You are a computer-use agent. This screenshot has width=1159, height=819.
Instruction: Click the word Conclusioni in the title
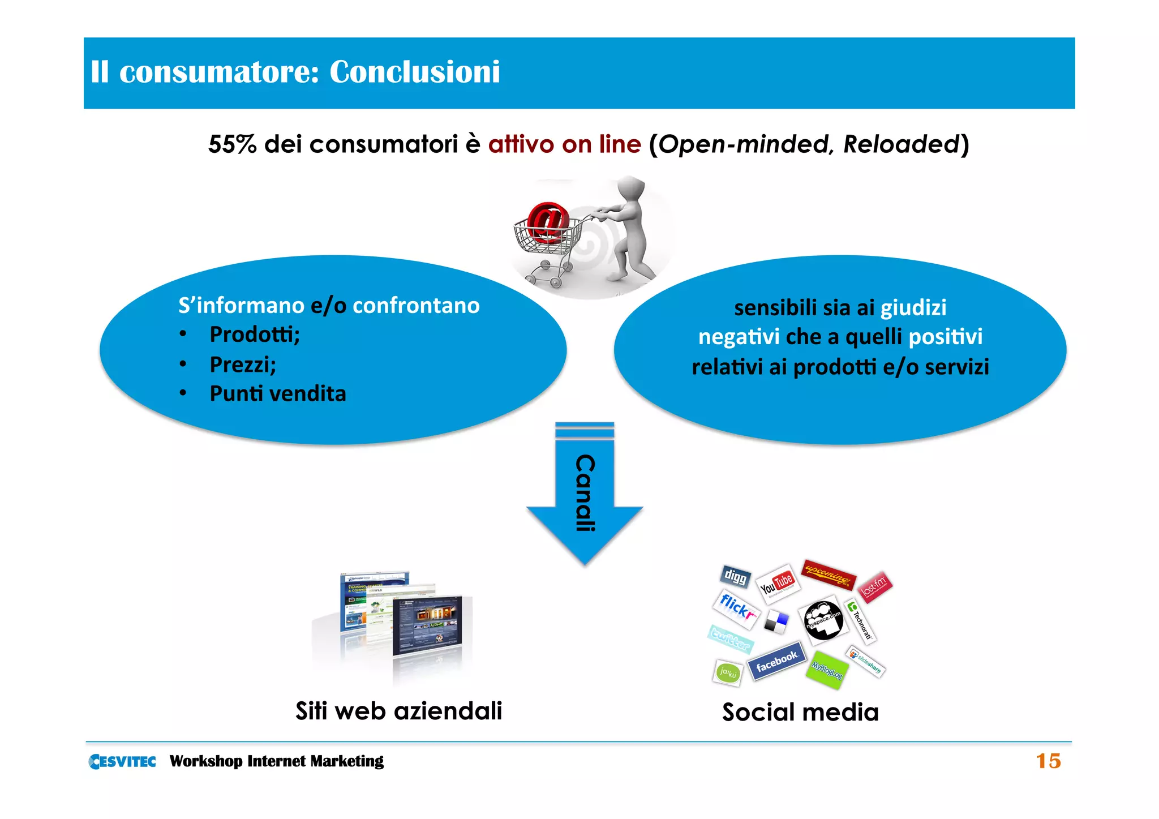[414, 72]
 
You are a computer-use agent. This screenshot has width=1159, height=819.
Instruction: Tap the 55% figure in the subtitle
[232, 144]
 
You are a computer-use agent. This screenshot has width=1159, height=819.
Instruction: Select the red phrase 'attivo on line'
[564, 144]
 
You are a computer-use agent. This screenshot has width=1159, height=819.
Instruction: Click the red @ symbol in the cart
[547, 221]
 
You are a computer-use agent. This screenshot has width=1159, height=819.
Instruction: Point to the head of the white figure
[632, 189]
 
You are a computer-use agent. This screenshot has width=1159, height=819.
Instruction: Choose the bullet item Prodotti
[254, 335]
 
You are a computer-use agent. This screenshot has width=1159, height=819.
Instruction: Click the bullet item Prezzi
[243, 365]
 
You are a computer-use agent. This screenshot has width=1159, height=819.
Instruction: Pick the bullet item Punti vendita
[277, 394]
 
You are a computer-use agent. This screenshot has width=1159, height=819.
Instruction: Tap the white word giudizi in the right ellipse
[913, 308]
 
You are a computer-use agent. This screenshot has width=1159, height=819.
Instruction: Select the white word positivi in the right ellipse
[945, 337]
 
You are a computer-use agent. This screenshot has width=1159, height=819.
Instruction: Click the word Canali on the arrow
[585, 492]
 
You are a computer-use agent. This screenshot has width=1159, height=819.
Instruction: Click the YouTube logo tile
[777, 584]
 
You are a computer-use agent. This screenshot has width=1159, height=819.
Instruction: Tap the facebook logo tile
[776, 661]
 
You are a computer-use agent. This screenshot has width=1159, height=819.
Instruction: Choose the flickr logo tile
[736, 609]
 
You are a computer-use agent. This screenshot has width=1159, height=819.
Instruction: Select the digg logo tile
[735, 577]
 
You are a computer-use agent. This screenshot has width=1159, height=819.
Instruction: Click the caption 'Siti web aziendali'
[398, 711]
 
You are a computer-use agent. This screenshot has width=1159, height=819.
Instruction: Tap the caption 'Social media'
[800, 712]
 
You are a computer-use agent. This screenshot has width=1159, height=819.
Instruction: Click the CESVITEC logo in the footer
[122, 761]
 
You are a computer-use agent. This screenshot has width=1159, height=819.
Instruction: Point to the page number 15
[1048, 761]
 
